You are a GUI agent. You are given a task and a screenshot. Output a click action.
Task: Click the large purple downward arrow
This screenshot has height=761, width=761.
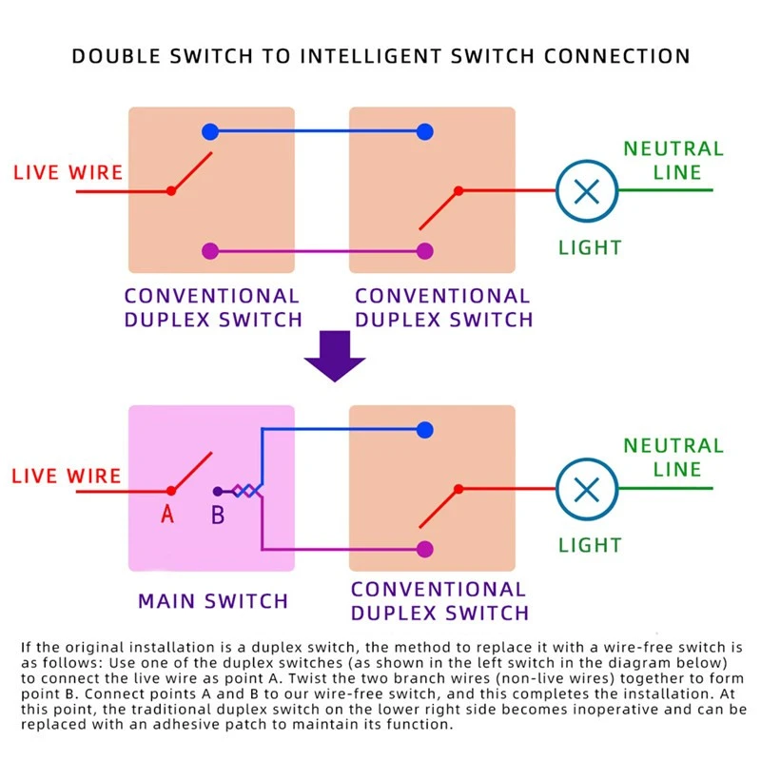335,356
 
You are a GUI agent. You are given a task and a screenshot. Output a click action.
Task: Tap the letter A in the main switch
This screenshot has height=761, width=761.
167,514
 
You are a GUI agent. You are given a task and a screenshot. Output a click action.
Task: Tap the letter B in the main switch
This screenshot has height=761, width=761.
218,515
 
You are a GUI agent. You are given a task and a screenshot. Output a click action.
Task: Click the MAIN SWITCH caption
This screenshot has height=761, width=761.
213,601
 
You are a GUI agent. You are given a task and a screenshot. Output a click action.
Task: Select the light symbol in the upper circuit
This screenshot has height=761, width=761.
587,191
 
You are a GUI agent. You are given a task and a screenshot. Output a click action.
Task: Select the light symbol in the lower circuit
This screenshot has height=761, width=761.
587,489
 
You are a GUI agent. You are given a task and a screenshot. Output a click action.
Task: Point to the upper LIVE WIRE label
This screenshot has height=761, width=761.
68,172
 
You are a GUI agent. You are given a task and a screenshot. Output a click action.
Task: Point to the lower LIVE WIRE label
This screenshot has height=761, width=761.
67,477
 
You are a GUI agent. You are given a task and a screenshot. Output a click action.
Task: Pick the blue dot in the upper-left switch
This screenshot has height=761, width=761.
210,131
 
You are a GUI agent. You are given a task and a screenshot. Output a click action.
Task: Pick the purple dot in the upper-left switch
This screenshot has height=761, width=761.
210,251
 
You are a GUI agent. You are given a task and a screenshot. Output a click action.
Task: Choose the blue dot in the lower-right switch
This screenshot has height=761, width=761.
424,430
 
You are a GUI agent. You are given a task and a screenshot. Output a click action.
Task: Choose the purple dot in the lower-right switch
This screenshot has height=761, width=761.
424,549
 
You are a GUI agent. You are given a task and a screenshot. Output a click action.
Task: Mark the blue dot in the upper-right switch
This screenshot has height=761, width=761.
424,131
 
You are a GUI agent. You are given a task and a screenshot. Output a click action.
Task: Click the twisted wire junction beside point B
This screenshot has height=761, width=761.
247,491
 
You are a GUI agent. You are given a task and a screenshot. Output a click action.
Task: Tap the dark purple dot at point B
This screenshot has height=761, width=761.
218,491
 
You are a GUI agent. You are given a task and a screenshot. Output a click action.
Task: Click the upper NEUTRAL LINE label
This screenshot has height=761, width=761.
673,160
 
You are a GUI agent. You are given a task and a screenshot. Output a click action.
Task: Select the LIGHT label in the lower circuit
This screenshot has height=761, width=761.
590,545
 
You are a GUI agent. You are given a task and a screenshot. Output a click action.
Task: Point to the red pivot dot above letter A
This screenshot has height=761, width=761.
171,491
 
